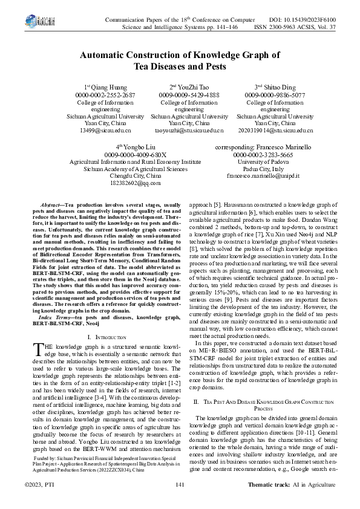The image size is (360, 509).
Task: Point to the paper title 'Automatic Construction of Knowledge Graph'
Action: (180, 55)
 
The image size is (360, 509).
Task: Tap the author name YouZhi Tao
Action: (192, 87)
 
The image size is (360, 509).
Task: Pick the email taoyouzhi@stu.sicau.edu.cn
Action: (189, 130)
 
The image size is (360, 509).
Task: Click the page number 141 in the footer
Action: (180, 485)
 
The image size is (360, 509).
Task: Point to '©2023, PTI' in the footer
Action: (39, 485)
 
